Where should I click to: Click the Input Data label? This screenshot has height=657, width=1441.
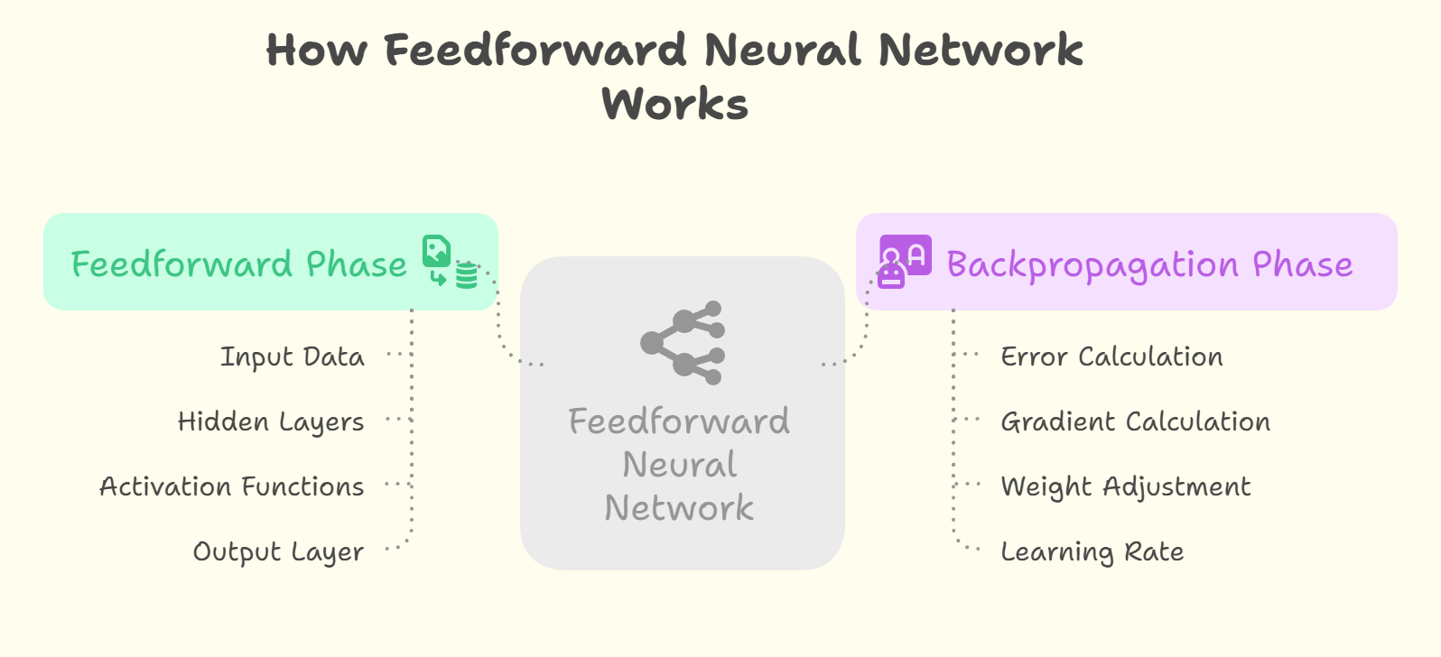tap(293, 357)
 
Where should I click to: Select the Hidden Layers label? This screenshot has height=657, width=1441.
tap(271, 422)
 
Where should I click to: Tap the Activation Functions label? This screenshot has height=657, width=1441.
tap(232, 487)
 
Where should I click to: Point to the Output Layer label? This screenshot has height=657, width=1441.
tap(278, 552)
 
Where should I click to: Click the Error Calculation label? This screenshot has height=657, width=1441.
tap(1111, 357)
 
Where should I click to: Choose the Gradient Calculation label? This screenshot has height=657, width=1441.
tap(1135, 422)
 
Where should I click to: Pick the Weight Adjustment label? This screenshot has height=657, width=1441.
tap(1125, 487)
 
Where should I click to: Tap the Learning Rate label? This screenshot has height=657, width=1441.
tap(1092, 552)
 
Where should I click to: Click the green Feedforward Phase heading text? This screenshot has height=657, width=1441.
tap(239, 264)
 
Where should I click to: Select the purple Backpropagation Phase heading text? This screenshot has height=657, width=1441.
tap(1149, 264)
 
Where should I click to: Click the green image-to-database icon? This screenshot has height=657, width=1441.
tap(450, 262)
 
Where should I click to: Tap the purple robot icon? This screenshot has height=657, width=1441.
tap(904, 261)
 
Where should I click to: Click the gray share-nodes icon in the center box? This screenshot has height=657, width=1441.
tap(683, 343)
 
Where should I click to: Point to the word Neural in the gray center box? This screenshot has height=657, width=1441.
tap(680, 465)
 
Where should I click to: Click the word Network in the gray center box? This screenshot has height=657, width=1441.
tap(679, 508)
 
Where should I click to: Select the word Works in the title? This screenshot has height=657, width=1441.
tap(675, 104)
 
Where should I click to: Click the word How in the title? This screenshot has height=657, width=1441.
tap(316, 50)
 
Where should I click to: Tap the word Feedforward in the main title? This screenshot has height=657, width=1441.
tap(535, 50)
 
